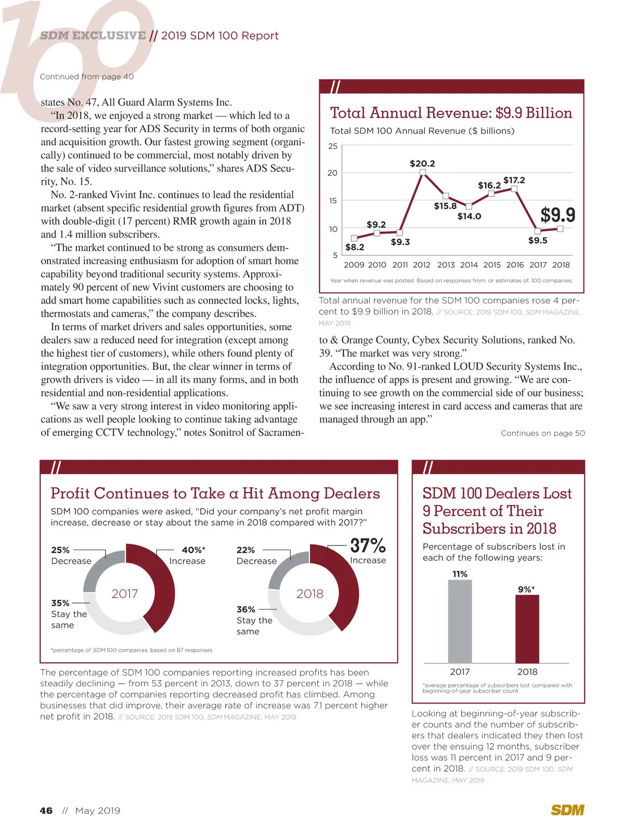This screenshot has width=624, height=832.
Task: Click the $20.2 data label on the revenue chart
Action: click(422, 163)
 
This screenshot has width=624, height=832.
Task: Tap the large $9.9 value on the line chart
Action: click(558, 215)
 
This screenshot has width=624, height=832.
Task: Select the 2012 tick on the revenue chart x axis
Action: click(422, 265)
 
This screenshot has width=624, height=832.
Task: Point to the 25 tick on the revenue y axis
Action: click(333, 146)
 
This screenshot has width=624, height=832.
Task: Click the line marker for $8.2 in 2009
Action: click(354, 238)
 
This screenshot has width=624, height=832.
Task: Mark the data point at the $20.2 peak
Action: click(423, 172)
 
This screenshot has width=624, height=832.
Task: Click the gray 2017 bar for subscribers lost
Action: click(460, 621)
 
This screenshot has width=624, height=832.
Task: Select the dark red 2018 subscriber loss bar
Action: click(527, 629)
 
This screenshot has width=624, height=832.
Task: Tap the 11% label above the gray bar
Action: click(460, 574)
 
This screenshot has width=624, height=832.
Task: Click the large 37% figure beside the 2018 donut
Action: click(368, 545)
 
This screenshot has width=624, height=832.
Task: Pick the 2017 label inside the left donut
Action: click(125, 594)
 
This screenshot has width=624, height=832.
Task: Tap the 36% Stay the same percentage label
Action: click(246, 609)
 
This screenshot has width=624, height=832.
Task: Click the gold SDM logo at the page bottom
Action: click(567, 810)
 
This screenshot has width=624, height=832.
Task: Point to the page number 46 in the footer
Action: click(46, 810)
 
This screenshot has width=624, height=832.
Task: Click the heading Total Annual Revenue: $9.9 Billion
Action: click(451, 113)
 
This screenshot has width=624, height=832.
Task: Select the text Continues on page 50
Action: click(542, 433)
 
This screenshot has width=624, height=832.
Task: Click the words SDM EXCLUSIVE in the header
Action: click(93, 35)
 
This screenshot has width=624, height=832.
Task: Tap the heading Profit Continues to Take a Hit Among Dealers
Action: click(215, 493)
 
